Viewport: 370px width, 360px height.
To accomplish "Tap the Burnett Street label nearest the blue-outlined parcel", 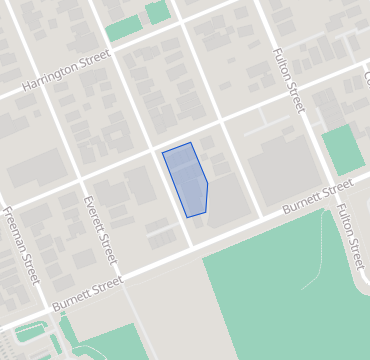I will click(317, 198).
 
